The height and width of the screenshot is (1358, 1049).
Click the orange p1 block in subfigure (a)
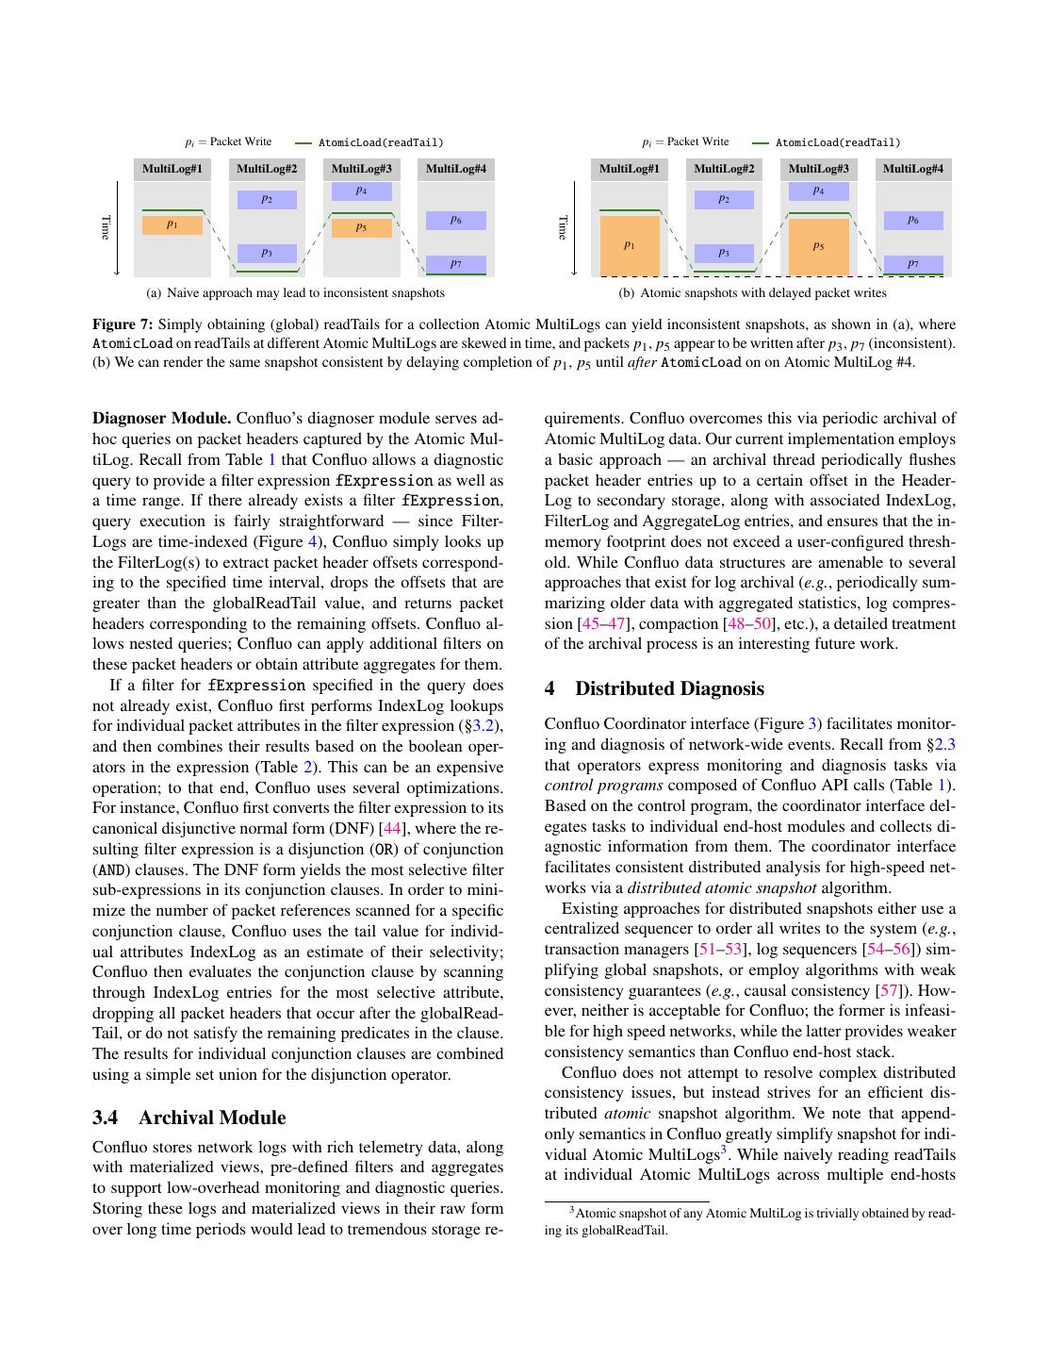172,224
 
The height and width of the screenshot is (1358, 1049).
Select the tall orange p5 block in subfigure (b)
818,246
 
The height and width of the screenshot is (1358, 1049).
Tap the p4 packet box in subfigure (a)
362,191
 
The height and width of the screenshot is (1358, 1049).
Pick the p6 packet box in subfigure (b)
913,220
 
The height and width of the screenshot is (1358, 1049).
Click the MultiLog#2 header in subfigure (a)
267,169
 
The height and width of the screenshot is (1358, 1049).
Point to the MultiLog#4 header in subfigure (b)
913,169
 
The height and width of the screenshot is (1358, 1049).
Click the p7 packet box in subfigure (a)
456,263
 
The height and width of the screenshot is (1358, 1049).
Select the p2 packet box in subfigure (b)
724,199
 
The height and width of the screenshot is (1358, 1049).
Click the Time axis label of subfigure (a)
106,227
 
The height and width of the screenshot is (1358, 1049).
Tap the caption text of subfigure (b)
762,293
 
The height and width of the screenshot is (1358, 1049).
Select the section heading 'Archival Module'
212,1118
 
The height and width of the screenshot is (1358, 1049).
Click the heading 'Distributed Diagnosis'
669,688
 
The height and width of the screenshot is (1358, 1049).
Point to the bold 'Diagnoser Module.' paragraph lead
161,419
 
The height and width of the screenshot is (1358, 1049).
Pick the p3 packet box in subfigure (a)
267,253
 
